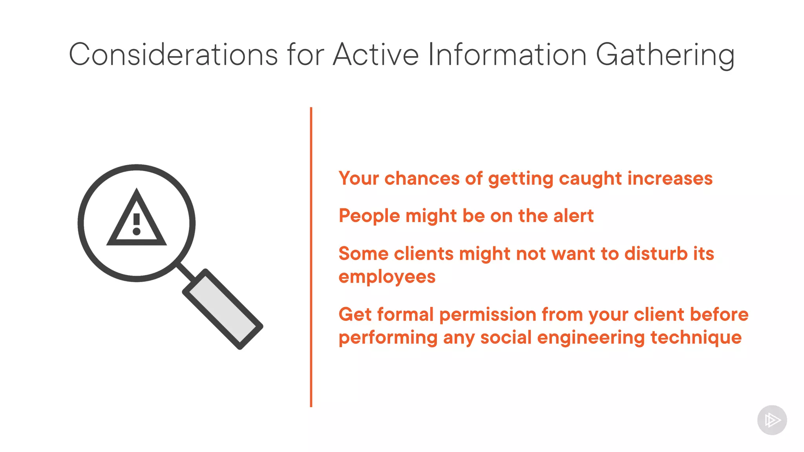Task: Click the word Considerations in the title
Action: point(173,55)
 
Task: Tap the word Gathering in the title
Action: point(665,55)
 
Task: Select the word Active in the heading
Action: point(376,55)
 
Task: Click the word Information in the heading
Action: point(507,55)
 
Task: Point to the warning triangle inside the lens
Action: point(137,220)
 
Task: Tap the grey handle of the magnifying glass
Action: point(223,309)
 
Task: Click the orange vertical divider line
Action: point(311,257)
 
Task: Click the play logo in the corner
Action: point(772,420)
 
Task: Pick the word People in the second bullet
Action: point(369,216)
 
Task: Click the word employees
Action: point(387,277)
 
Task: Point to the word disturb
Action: point(656,253)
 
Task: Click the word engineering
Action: point(590,338)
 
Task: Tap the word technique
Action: point(696,338)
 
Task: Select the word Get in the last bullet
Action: point(354,315)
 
